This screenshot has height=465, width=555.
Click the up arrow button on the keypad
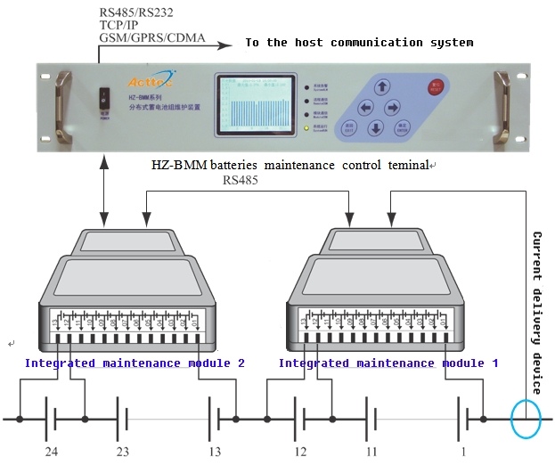[x=382, y=87]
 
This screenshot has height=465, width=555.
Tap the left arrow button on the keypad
[x=364, y=107]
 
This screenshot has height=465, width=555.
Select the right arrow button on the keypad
[x=392, y=107]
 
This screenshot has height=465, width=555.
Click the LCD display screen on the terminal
[x=256, y=107]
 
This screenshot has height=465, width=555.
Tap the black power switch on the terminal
[x=104, y=97]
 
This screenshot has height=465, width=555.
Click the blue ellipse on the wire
[x=524, y=418]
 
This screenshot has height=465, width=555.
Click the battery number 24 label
[x=52, y=452]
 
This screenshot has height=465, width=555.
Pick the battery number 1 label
[x=462, y=452]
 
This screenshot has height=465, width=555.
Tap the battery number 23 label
[x=123, y=452]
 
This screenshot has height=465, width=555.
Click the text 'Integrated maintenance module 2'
[x=135, y=363]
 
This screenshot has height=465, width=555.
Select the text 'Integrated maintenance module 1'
[x=388, y=363]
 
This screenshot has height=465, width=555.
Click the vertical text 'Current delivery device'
[x=537, y=312]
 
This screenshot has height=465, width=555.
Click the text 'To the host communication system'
[x=359, y=43]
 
